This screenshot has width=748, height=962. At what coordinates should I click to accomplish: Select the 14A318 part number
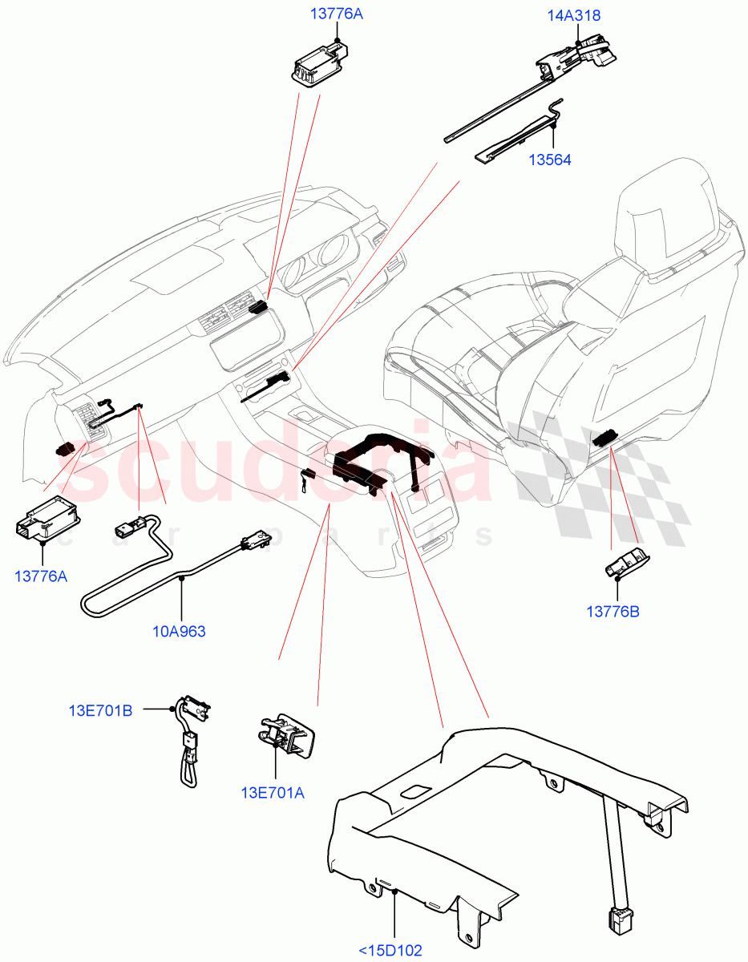(574, 15)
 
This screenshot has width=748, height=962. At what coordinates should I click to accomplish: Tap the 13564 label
(549, 160)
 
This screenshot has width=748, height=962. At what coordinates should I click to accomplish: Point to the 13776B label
(613, 612)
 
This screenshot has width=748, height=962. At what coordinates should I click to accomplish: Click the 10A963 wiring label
(179, 631)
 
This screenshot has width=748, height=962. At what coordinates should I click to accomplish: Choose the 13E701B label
(100, 709)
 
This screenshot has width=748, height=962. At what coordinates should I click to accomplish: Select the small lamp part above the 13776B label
(625, 564)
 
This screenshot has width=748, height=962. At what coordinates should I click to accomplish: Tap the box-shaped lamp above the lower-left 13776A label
(46, 519)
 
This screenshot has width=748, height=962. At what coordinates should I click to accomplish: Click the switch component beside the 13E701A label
(286, 734)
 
